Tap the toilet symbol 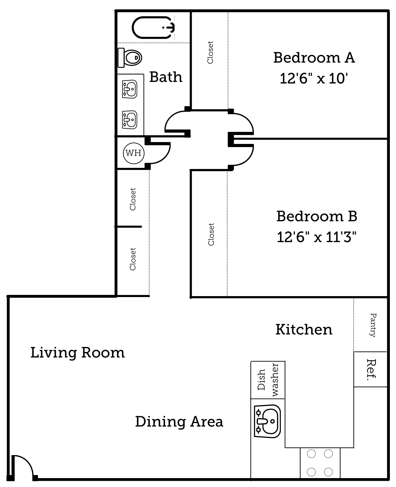(130, 57)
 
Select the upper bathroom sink (130, 89)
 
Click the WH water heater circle (134, 153)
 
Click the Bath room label (166, 77)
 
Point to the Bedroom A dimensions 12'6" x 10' (314, 79)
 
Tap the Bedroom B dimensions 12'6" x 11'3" (317, 237)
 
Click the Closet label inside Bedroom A (210, 52)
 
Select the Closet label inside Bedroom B (211, 234)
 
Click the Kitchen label (304, 330)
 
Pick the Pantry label (373, 325)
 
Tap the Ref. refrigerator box (371, 369)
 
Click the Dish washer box (268, 380)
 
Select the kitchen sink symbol (267, 421)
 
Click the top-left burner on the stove (311, 454)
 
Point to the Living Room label (77, 353)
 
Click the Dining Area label (179, 422)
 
